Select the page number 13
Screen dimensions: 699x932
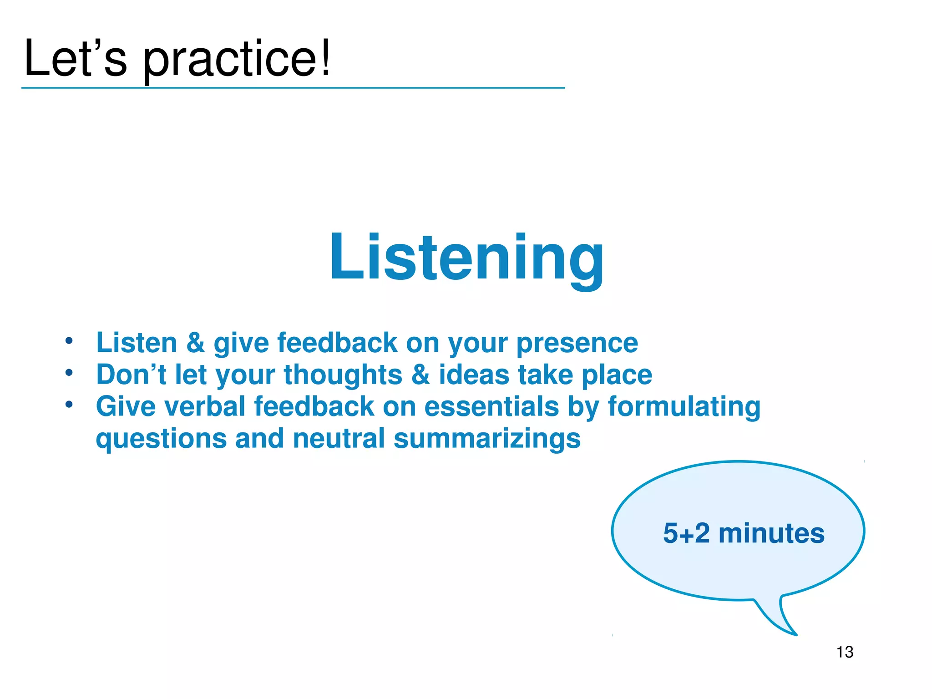point(845,652)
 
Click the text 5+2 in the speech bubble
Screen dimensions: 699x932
point(686,533)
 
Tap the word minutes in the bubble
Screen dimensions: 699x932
point(771,533)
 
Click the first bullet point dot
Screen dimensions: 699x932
point(69,340)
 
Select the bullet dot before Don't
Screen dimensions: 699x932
point(69,373)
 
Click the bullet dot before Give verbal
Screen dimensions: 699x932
point(69,404)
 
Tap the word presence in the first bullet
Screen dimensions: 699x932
point(577,343)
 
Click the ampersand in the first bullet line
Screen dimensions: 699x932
point(195,342)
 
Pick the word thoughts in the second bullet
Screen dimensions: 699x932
point(343,375)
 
